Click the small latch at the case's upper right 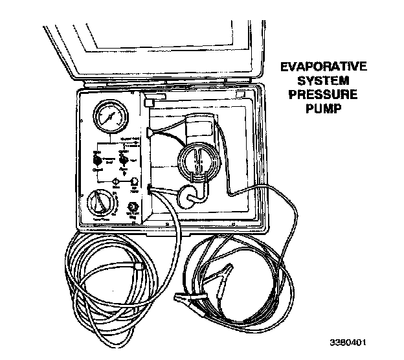[x=240, y=95]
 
